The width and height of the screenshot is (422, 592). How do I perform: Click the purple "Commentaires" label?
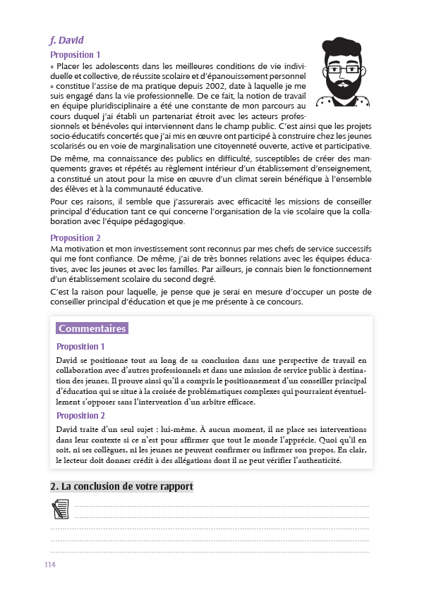(92, 328)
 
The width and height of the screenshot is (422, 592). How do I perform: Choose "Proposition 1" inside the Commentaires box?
(80, 347)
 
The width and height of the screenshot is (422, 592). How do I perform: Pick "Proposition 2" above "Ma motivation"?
(76, 238)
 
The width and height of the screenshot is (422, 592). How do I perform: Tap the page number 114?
(50, 565)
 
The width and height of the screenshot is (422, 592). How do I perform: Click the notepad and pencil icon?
(61, 509)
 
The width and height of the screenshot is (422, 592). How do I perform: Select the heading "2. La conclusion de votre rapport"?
(121, 487)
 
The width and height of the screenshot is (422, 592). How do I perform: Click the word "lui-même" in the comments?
(185, 429)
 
